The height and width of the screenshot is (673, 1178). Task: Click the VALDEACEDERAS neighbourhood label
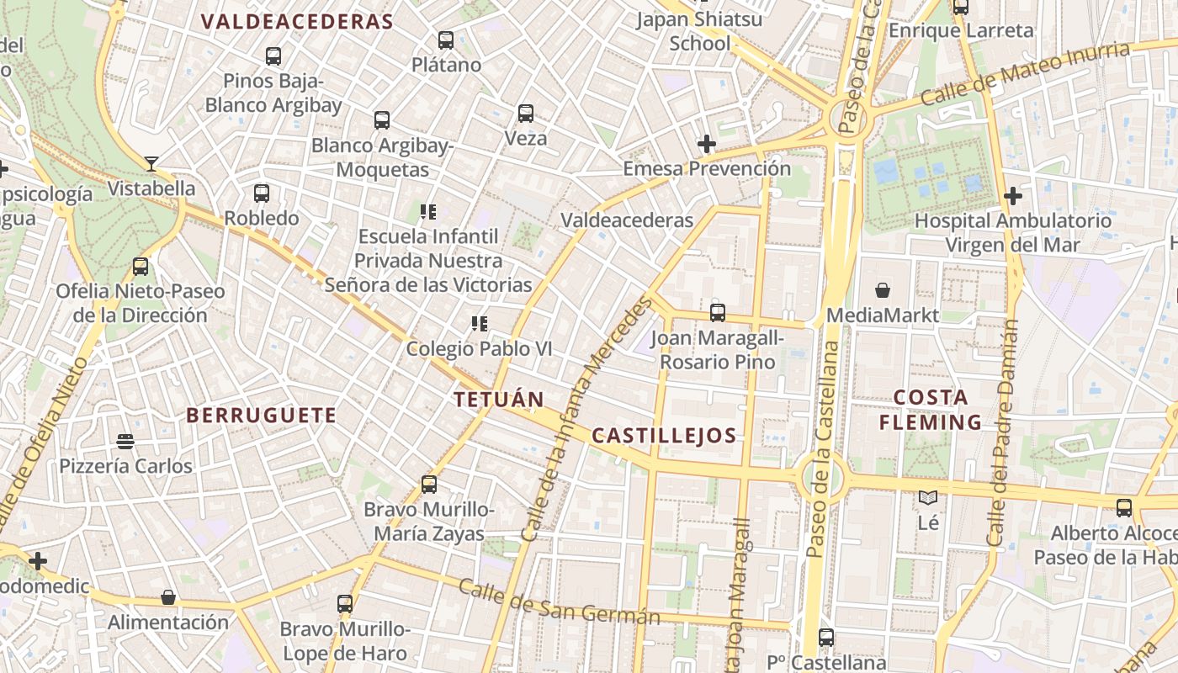coord(297,22)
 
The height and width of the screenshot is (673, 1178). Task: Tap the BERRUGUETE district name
coord(261,415)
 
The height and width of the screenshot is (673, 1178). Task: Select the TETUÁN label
coord(499,400)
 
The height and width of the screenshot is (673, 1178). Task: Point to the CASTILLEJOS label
coord(664,436)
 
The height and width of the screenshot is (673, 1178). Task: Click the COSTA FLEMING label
coord(931,410)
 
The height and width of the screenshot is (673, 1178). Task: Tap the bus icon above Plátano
coord(446,40)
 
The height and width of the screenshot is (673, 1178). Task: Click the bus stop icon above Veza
coord(526,113)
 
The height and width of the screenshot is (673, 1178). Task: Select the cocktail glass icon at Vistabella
coord(151,163)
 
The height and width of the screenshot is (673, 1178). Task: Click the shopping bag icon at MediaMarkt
coord(883,290)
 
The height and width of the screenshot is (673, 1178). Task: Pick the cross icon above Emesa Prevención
coord(707,144)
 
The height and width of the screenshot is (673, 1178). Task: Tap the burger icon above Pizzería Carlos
coord(125,441)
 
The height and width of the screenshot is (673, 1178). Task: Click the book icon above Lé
coord(928,498)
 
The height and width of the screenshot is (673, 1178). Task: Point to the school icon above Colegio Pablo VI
coord(480,323)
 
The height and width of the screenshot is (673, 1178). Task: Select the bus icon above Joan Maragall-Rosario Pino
coord(718,313)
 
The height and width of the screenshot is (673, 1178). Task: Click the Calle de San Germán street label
coord(560,602)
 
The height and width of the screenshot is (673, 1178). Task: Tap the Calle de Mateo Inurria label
coord(1025,73)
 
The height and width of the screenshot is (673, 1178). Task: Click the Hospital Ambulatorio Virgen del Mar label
coord(1013,233)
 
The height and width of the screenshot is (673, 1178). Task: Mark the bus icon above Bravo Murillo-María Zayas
coord(429,485)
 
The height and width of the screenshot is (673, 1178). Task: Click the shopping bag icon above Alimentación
coord(168,597)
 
